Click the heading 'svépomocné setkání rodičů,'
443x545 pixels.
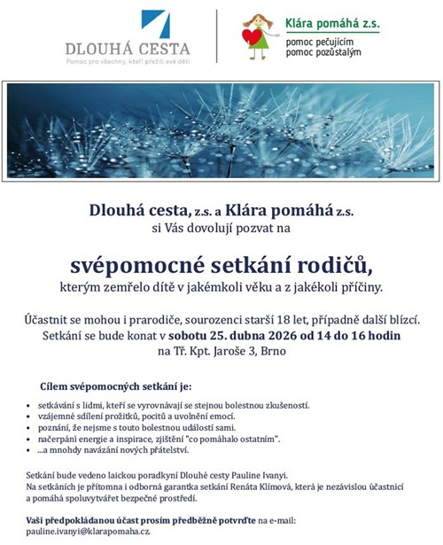point(221,265)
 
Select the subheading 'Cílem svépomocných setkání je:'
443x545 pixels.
point(115,387)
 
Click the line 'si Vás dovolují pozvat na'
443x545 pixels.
point(221,228)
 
